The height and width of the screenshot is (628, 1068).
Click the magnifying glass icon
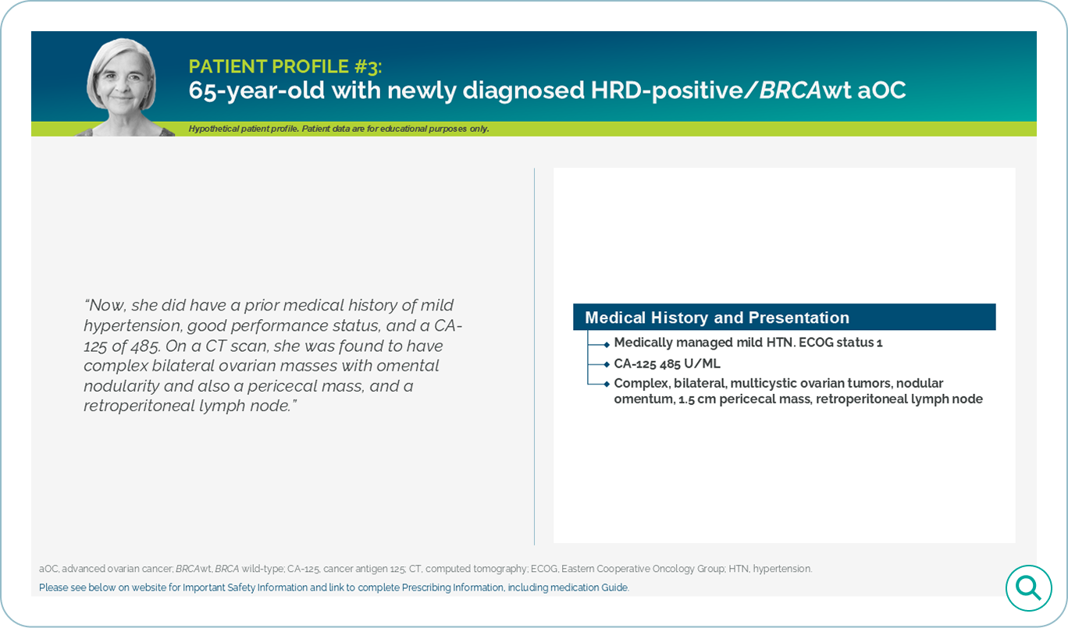coord(1028,588)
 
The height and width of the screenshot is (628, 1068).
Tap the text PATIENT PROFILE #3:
coord(285,67)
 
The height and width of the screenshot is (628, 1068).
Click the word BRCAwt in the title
coord(804,90)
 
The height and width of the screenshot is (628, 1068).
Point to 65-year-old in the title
coord(257,90)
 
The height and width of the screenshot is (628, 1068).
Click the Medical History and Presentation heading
coord(717,318)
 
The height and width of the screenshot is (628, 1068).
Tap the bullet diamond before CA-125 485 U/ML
coord(607,364)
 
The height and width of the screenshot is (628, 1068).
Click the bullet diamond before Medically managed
coord(607,345)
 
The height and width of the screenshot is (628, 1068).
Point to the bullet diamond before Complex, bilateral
coord(607,384)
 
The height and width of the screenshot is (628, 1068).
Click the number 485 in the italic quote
coord(143,346)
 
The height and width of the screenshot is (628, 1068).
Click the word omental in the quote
coord(408,366)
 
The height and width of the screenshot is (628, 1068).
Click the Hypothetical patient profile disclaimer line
coord(339,129)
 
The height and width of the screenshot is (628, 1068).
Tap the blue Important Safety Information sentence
coord(334,587)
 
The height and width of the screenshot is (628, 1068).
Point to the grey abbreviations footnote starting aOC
coord(425,569)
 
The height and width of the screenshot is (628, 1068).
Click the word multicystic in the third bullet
coord(766,384)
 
